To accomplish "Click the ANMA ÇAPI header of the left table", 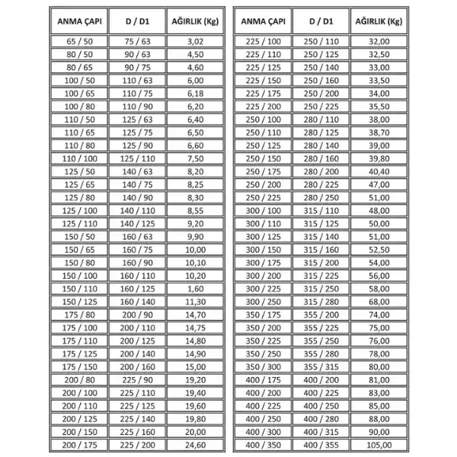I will click(78, 21).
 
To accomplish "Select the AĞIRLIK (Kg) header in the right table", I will click(379, 21).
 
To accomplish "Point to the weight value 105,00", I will click(379, 444).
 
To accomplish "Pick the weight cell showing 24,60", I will click(196, 444).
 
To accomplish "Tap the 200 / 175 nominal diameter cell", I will click(78, 444).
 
